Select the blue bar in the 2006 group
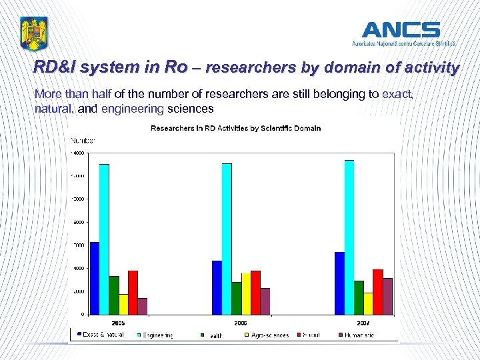tap(217, 287)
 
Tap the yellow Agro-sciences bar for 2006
tap(246, 293)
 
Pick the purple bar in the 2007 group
tap(388, 296)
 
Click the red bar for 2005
tap(133, 292)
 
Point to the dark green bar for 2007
tap(359, 297)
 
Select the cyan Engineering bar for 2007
tap(349, 237)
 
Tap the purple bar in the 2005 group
tap(143, 306)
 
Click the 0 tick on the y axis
tap(82, 314)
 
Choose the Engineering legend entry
tap(157, 335)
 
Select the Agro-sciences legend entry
tap(270, 335)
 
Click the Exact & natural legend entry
tap(103, 335)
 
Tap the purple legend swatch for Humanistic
tap(341, 335)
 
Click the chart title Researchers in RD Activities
tap(235, 128)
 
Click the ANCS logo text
tap(401, 30)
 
